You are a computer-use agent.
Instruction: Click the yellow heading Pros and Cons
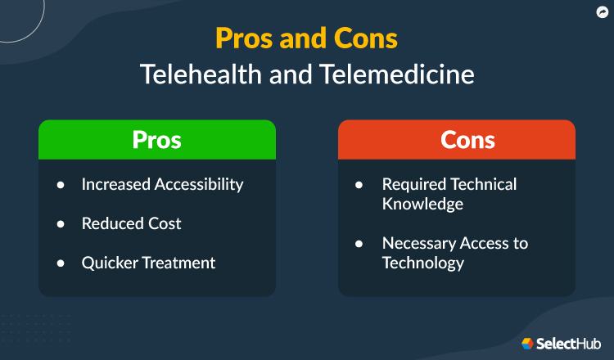click(x=306, y=38)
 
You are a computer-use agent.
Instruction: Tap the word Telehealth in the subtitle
click(x=192, y=74)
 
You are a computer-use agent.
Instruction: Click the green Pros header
click(x=157, y=139)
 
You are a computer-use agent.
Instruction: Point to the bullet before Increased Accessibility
click(x=61, y=185)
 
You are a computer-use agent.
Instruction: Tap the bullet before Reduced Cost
click(x=61, y=224)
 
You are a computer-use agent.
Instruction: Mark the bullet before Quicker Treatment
click(x=61, y=263)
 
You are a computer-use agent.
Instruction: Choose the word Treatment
click(x=180, y=263)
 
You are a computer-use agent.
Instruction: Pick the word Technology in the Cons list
click(x=423, y=263)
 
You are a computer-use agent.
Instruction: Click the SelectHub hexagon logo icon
click(x=528, y=343)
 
